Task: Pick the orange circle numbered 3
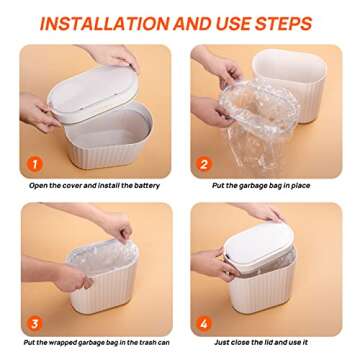37,322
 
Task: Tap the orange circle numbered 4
206,322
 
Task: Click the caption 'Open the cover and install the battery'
95,186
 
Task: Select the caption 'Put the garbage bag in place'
263,186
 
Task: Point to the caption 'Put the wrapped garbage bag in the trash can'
95,343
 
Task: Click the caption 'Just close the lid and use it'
263,343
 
